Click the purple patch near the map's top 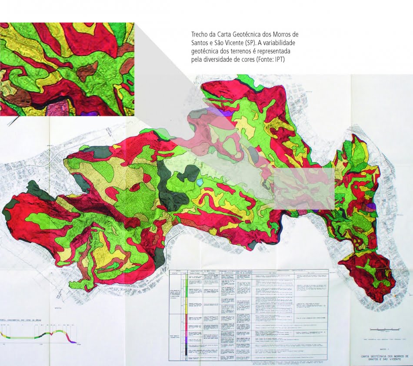226,112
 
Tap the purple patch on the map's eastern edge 370,207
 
